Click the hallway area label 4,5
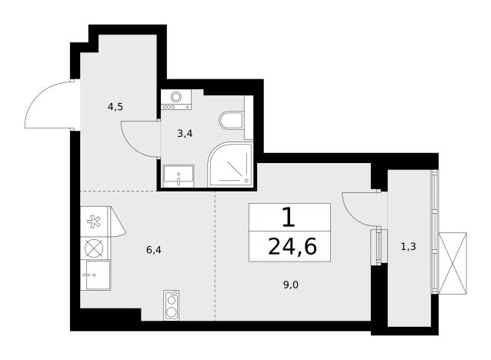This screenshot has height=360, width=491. point(115,107)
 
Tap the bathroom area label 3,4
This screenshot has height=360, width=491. point(185,134)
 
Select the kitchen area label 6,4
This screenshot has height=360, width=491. point(154,250)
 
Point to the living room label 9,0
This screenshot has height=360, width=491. point(291,285)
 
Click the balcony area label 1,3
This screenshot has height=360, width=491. point(409,247)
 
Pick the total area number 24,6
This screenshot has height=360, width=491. point(292,247)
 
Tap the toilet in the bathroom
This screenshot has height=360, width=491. point(232,121)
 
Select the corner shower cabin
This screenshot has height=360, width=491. point(230,165)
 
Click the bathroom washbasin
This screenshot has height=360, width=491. point(179,177)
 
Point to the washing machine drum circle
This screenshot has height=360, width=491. point(176,97)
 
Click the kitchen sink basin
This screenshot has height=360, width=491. point(95,275)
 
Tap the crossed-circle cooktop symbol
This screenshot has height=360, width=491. point(94,248)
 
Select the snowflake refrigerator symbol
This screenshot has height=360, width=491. point(94,222)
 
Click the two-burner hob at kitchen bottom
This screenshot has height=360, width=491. point(172,305)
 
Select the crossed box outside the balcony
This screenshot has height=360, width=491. point(453,263)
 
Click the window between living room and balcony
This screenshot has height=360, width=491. point(379,247)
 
